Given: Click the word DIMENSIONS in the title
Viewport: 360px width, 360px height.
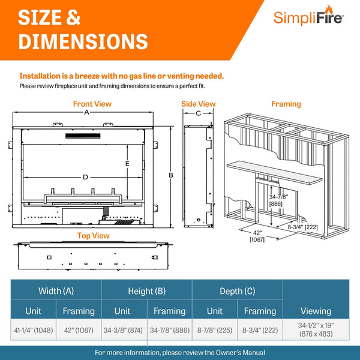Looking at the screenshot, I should tap(83, 41).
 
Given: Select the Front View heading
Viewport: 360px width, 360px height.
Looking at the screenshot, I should tap(92, 104).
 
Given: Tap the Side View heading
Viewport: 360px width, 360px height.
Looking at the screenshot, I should tap(198, 104).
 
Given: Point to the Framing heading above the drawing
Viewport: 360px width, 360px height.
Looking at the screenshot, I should tap(286, 104).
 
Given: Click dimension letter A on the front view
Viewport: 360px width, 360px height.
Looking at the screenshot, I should tap(86, 112).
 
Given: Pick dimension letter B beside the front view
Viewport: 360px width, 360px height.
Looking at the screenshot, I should tap(171, 175).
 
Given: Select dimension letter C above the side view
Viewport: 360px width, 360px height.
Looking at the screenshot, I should tap(198, 113).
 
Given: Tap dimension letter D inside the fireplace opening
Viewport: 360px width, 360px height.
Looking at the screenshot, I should tap(86, 177).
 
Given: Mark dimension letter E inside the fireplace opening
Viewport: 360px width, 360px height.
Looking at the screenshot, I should tap(127, 164).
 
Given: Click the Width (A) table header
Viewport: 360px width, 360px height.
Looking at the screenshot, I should tap(56, 291).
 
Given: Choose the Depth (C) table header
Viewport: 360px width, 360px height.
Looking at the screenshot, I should tap(236, 291).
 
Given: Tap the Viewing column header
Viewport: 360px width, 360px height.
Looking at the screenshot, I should tap(316, 311).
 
